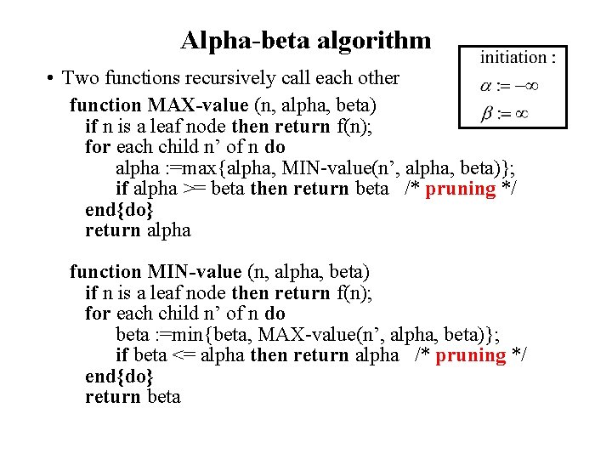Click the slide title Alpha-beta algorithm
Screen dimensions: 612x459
[x=306, y=40]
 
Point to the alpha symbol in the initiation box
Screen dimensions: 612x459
[x=485, y=86]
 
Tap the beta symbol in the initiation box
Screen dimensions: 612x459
[x=486, y=113]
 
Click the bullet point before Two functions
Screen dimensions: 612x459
[x=52, y=78]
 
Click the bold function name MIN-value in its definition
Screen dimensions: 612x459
[x=195, y=272]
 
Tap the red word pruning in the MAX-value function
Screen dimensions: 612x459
[x=460, y=189]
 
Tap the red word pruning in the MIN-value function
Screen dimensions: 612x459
[x=470, y=355]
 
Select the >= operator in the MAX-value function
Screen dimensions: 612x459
[x=194, y=189]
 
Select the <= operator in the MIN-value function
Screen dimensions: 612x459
[x=185, y=355]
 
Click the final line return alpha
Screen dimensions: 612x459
[x=138, y=230]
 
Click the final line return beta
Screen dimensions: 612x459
[x=133, y=397]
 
